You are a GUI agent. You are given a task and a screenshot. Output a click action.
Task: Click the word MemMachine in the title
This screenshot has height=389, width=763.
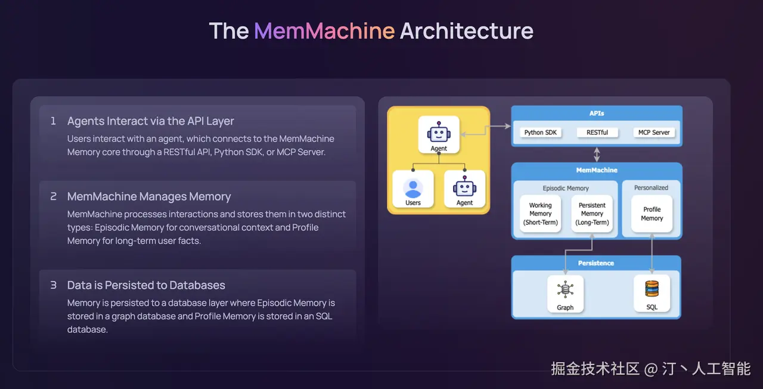pos(324,30)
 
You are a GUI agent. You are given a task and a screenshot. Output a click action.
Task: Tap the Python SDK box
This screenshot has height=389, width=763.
pos(540,132)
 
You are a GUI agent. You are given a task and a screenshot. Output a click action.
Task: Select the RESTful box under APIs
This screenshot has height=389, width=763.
pos(597,132)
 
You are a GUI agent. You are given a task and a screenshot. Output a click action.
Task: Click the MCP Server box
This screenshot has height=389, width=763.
pos(654,132)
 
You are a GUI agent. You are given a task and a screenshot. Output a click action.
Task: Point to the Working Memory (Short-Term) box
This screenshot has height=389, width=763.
pos(540,214)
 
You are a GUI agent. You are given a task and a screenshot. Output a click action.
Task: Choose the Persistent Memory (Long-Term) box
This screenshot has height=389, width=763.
pos(592,214)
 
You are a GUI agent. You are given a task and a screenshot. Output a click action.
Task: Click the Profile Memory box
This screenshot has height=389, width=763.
pos(652,214)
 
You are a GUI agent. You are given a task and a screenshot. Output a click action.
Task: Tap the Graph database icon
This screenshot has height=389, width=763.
pos(565,289)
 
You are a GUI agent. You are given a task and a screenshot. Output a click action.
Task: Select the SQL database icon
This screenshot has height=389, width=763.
pos(652,289)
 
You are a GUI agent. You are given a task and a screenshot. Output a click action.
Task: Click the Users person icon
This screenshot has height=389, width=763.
pos(413,189)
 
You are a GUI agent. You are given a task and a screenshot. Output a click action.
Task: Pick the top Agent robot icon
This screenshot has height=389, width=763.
pos(439,132)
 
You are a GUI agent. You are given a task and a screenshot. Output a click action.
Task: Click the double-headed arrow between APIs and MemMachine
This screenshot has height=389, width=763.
pos(597,155)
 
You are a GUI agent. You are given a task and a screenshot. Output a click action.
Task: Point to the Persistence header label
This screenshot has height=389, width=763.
pos(595,263)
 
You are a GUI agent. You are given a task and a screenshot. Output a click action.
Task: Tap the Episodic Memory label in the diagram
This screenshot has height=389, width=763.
pos(566,188)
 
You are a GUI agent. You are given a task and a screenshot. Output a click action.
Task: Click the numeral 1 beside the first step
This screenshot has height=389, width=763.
pos(53,121)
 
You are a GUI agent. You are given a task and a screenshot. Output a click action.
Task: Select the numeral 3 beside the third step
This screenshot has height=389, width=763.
pos(53,285)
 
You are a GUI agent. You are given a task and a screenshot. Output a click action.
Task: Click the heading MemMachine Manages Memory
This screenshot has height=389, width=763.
pos(149,196)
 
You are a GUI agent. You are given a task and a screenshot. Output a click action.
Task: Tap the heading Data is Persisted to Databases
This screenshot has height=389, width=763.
pos(146,285)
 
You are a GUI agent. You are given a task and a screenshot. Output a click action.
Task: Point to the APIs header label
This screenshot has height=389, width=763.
pos(597,113)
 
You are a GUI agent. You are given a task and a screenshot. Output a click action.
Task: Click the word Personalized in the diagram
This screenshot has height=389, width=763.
pos(651,188)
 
